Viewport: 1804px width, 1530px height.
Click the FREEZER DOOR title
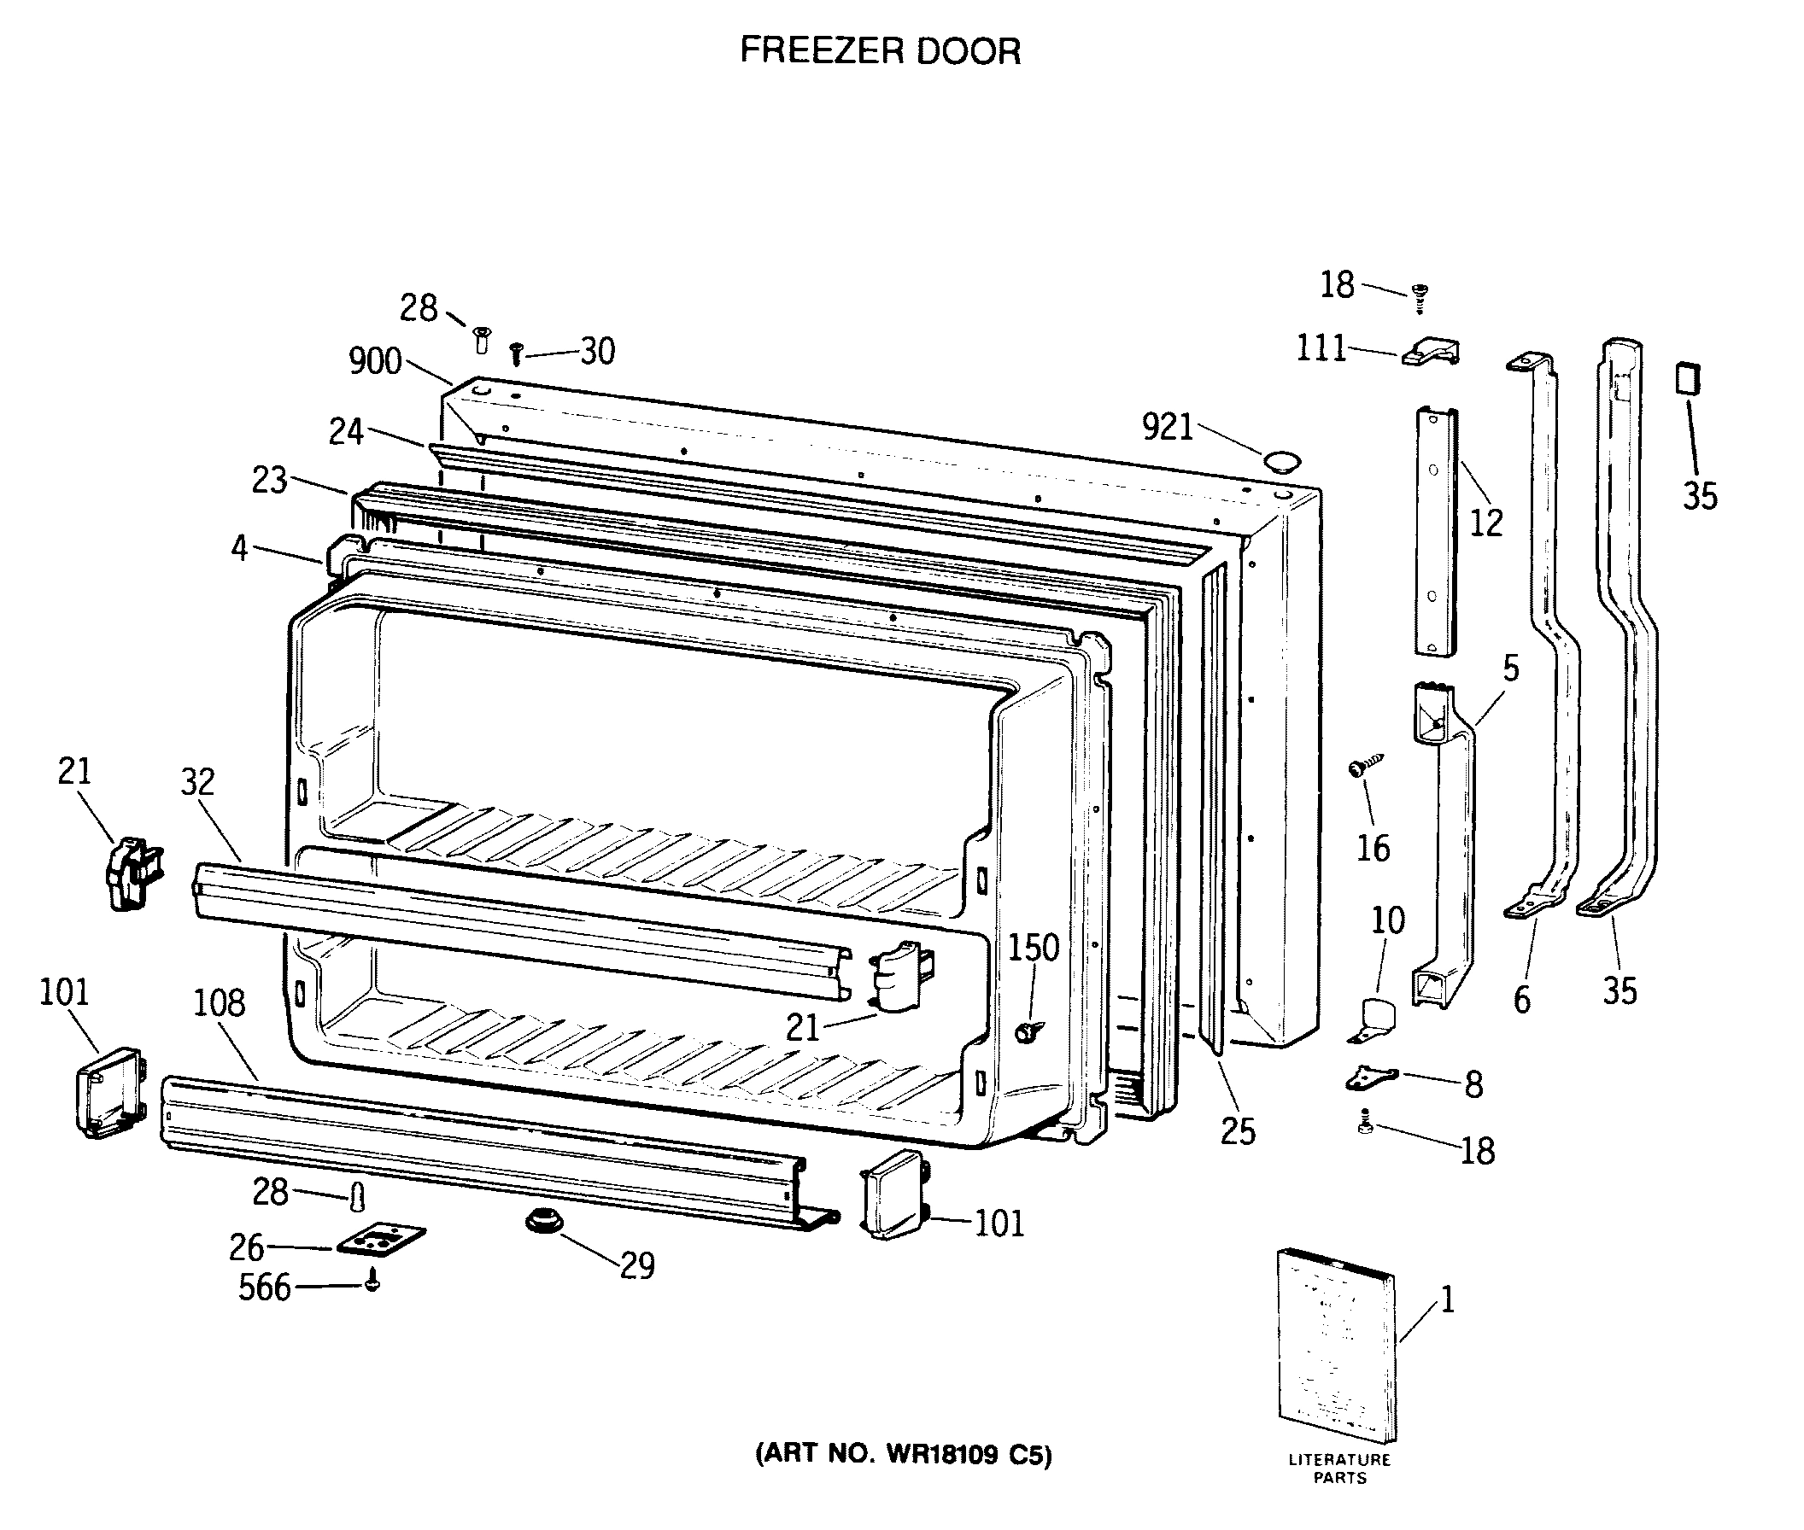(880, 51)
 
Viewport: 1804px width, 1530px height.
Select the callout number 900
(375, 361)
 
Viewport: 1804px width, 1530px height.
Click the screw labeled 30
(516, 353)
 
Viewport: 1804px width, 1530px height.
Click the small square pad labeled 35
(1689, 379)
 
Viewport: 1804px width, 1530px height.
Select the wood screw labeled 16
(1364, 766)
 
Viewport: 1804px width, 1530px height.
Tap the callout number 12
(1485, 523)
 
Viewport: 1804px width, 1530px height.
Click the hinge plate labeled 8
(1371, 1077)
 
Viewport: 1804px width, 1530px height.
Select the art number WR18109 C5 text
(904, 1454)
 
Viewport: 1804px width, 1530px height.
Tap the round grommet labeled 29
(544, 1219)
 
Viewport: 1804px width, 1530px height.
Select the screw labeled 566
(372, 1280)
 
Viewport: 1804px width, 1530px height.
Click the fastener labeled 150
(1029, 1031)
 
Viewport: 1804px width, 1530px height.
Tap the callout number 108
(219, 1003)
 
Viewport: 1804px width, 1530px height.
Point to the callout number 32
(197, 782)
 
